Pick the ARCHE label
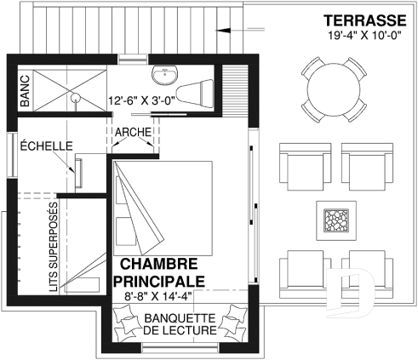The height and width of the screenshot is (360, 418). [x=134, y=133]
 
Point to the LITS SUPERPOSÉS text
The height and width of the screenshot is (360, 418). [x=55, y=248]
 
